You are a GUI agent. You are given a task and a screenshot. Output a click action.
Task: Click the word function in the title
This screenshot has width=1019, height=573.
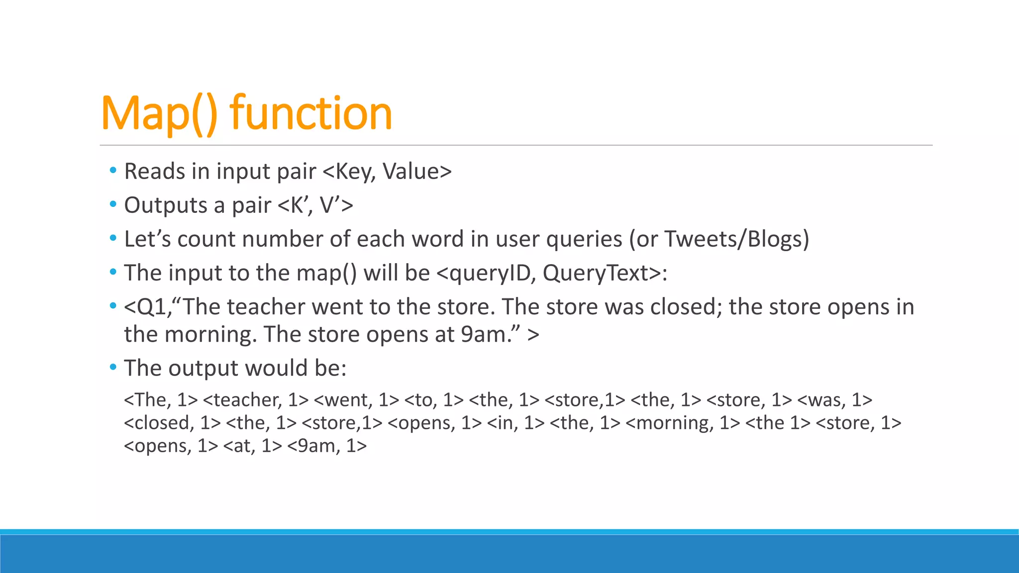click(311, 113)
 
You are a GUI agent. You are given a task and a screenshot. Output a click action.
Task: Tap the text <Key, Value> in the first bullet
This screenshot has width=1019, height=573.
click(387, 172)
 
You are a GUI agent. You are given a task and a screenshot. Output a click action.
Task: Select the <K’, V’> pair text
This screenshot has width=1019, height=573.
click(314, 205)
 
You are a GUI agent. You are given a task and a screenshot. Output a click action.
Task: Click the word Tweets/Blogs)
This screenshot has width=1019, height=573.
click(737, 239)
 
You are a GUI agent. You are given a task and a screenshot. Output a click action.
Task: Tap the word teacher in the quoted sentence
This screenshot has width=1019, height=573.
click(266, 307)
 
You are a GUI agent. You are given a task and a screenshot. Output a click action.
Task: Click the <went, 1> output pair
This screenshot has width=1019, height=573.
click(357, 400)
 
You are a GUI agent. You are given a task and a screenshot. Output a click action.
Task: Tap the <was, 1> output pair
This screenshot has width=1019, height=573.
click(834, 400)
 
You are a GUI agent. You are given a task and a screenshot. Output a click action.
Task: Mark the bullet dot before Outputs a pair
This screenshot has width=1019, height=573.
click(113, 204)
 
